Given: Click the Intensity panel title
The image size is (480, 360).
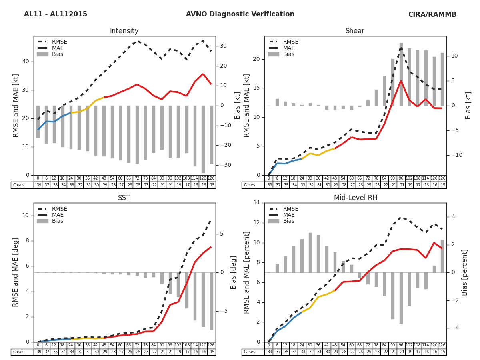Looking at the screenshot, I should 124,31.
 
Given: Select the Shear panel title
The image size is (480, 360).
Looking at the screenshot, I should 355,31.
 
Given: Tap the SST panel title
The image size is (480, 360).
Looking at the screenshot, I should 124,198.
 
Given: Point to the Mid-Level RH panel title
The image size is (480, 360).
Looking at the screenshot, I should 355,198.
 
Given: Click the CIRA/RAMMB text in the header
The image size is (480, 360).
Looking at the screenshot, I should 432,14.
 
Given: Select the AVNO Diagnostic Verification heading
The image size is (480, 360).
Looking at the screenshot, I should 240,14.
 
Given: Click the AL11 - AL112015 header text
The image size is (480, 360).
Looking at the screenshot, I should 56,14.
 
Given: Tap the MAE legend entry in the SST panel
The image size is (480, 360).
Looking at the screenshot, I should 58,215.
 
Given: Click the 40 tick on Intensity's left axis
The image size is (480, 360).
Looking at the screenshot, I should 26,62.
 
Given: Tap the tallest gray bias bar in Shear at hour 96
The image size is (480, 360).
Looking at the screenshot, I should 401,74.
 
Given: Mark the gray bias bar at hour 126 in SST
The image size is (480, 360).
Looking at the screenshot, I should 212,301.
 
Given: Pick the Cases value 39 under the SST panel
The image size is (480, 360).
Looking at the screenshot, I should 38,352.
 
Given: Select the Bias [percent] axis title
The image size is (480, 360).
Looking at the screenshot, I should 465,272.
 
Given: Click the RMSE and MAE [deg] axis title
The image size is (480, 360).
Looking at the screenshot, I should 16,272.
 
